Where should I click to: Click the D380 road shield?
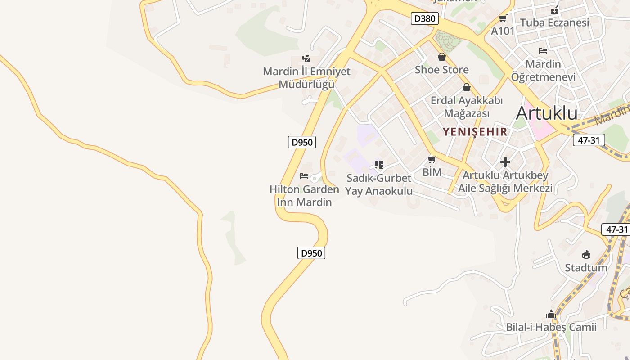tap(424, 19)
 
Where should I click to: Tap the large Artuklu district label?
tap(546, 113)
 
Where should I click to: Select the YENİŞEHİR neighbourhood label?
tap(475, 132)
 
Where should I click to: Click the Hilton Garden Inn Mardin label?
tap(304, 196)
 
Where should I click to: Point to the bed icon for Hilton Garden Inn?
tap(304, 175)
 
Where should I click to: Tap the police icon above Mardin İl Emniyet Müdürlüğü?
tap(306, 58)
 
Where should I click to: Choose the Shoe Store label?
tap(441, 70)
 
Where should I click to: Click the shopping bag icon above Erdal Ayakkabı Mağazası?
tap(466, 87)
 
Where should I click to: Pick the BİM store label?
tap(432, 172)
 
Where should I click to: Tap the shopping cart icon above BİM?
tap(432, 159)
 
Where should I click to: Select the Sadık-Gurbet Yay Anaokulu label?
tap(378, 184)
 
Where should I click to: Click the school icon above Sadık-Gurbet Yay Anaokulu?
tap(378, 165)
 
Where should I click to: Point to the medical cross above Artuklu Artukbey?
tap(505, 162)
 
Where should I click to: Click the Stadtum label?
tap(586, 268)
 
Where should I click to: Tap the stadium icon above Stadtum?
tap(586, 255)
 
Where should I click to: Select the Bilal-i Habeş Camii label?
tap(551, 327)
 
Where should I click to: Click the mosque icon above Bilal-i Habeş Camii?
tap(551, 314)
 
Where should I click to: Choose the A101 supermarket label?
tap(503, 31)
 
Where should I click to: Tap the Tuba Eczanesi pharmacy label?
tap(554, 22)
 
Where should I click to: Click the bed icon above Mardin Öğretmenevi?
tap(543, 51)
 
